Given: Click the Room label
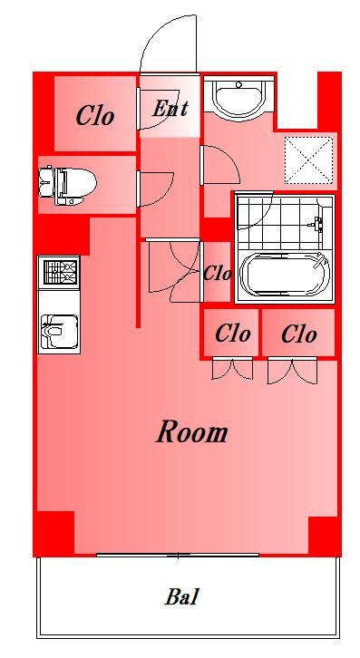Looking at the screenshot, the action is (x=192, y=431).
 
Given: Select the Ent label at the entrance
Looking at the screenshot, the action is (x=170, y=108).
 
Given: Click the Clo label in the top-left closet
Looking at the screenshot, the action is (x=95, y=115).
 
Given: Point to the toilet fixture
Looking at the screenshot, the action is (x=67, y=185).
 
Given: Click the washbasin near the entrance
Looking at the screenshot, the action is (x=239, y=97).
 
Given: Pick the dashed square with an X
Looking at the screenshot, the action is (x=308, y=160).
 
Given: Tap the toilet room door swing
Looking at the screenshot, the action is (x=155, y=189).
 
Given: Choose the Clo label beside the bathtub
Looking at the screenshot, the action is (x=217, y=274).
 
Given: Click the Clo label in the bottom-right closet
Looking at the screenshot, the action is (x=298, y=334).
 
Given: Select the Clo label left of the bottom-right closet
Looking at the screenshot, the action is (x=232, y=334).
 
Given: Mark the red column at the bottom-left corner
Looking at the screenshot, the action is (x=54, y=533).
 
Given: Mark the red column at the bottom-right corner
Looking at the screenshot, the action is (x=326, y=536).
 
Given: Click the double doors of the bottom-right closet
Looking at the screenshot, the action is (x=292, y=371).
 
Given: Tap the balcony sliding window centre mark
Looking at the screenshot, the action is (x=178, y=556).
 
